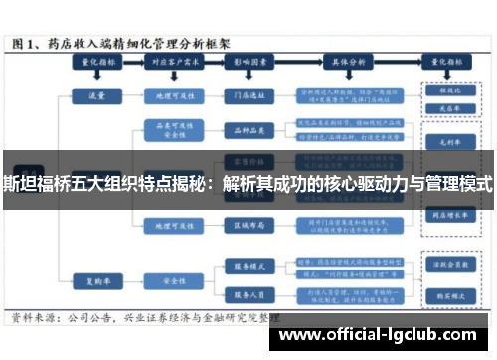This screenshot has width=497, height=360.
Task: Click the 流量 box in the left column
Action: (x=95, y=97)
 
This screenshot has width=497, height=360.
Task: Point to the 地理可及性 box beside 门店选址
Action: (x=166, y=97)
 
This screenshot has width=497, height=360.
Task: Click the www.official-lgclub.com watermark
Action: (x=384, y=335)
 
